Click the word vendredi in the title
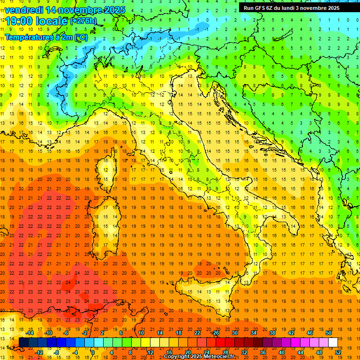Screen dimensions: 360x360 (x=23, y=10)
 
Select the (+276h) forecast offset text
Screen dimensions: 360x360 (x=83, y=21)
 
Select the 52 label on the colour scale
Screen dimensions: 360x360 (x=338, y=352)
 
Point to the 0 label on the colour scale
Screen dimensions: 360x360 (x=92, y=352)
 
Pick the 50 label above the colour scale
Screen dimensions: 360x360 (x=328, y=333)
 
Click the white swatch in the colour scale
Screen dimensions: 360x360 (x=333, y=342)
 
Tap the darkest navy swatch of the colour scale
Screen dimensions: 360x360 (x=23, y=342)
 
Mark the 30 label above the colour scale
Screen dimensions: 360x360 (x=234, y=333)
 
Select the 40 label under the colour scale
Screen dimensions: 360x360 (x=281, y=352)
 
